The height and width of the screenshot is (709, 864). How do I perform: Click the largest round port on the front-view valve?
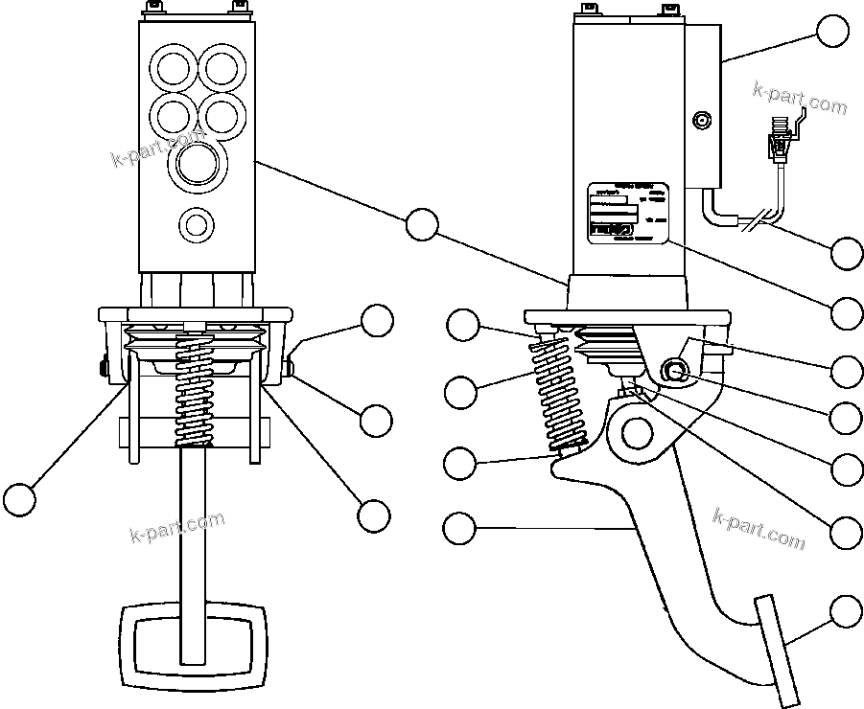coord(198,164)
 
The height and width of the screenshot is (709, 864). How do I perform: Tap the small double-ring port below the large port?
coord(198,225)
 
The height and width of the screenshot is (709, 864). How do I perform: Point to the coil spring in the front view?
coord(196,393)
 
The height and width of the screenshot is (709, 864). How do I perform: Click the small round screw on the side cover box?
coord(702,122)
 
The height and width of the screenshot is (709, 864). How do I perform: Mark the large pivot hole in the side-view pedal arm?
coord(637,433)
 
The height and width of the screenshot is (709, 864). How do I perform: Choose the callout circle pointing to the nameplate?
coord(847,312)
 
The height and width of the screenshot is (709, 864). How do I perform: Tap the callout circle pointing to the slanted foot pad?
coord(846,610)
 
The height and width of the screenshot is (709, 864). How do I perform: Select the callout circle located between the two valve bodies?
coord(421,223)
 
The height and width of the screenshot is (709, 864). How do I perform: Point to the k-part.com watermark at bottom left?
coord(176,527)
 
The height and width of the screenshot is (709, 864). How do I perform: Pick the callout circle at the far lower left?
coord(19,499)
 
